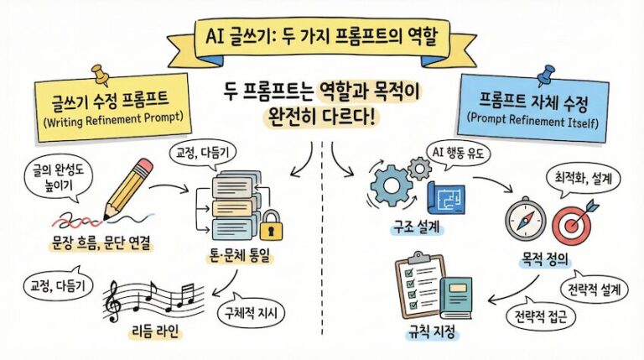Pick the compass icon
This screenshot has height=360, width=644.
coord(524,217)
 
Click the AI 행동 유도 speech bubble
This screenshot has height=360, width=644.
coord(465,154)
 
